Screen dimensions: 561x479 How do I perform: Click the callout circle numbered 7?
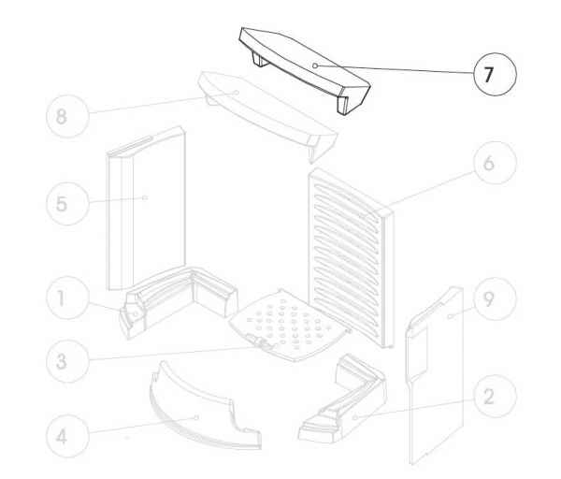(x=495, y=74)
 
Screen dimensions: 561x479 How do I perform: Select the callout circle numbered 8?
(x=67, y=116)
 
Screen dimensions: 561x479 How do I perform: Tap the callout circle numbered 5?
(x=67, y=204)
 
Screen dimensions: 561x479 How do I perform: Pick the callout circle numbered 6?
(x=495, y=163)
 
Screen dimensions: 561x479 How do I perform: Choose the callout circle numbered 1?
(x=67, y=298)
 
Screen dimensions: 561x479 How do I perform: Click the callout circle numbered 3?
(x=67, y=361)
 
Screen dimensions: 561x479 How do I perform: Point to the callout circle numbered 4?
(x=67, y=436)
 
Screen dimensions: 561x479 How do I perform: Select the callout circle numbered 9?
(x=495, y=298)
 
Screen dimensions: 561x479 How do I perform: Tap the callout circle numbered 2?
(x=495, y=397)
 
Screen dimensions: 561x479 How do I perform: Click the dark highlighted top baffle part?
(x=304, y=68)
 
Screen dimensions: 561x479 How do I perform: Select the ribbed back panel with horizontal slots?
(x=351, y=258)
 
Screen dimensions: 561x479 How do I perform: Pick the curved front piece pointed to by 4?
(x=204, y=412)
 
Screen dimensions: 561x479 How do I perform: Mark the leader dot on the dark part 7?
(x=315, y=65)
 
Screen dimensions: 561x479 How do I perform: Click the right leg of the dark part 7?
(x=343, y=104)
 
